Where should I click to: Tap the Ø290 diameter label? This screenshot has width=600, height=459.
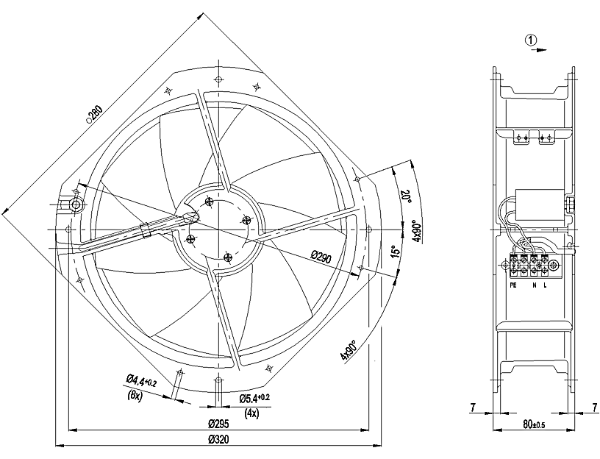pos(322,256)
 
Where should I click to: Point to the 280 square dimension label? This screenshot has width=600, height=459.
pos(95,114)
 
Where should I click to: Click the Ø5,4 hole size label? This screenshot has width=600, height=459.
pos(254,398)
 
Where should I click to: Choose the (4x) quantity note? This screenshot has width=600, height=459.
pos(251,413)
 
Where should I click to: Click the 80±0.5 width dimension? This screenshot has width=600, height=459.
pos(534,424)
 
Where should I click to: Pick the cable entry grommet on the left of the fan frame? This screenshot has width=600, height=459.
pos(75,201)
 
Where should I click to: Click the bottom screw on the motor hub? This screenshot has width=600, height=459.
pos(227,257)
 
